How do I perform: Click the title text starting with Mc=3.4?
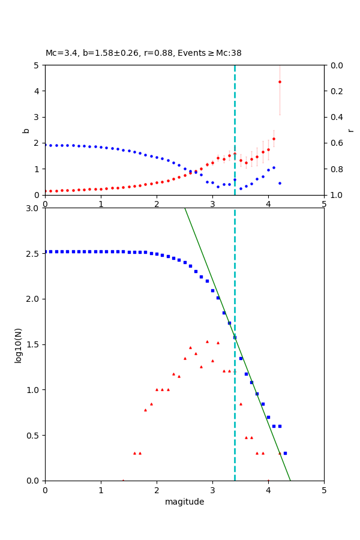[x=143, y=53]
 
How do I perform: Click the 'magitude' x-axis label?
[x=184, y=502]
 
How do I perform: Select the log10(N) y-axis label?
[x=18, y=344]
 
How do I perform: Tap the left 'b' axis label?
[x=26, y=130]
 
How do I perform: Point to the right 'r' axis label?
[x=350, y=130]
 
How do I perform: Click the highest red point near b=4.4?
[x=280, y=82]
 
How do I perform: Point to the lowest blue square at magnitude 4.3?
[x=285, y=453]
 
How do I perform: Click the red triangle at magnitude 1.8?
[x=145, y=410]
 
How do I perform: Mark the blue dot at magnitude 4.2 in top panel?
[x=280, y=183]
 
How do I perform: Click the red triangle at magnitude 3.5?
[x=241, y=404]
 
